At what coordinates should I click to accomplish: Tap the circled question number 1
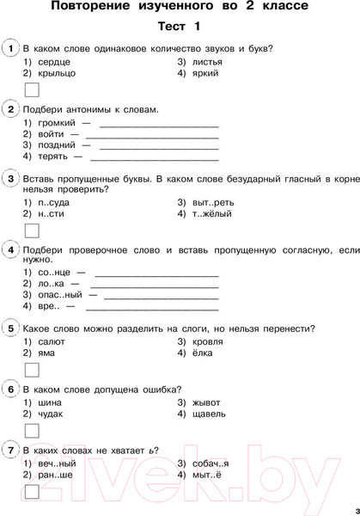coord(9,48)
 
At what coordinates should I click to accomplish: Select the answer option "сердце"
coord(54,62)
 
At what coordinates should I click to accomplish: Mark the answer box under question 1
coord(32,90)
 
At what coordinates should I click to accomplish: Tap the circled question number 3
coord(9,178)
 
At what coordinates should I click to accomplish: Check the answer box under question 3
coord(32,230)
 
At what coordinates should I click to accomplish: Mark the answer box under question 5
coord(32,370)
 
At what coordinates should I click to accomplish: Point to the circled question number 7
coord(9,450)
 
